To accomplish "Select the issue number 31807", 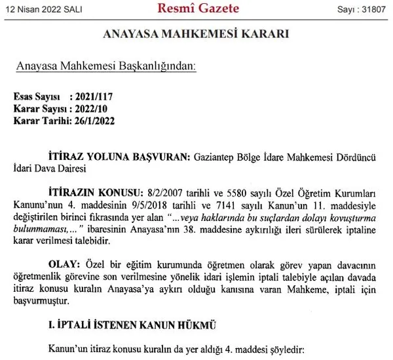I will (x=376, y=9).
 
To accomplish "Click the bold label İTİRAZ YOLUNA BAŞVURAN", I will (x=117, y=157).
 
